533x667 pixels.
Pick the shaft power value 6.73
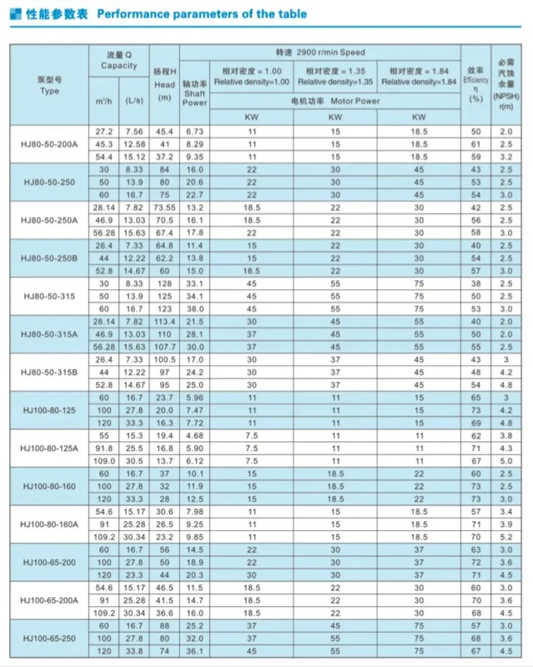tap(195, 132)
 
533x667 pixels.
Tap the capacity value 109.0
tap(104, 461)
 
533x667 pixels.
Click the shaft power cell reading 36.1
tap(195, 651)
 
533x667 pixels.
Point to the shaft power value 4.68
tap(195, 436)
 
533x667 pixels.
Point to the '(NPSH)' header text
tap(504, 96)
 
